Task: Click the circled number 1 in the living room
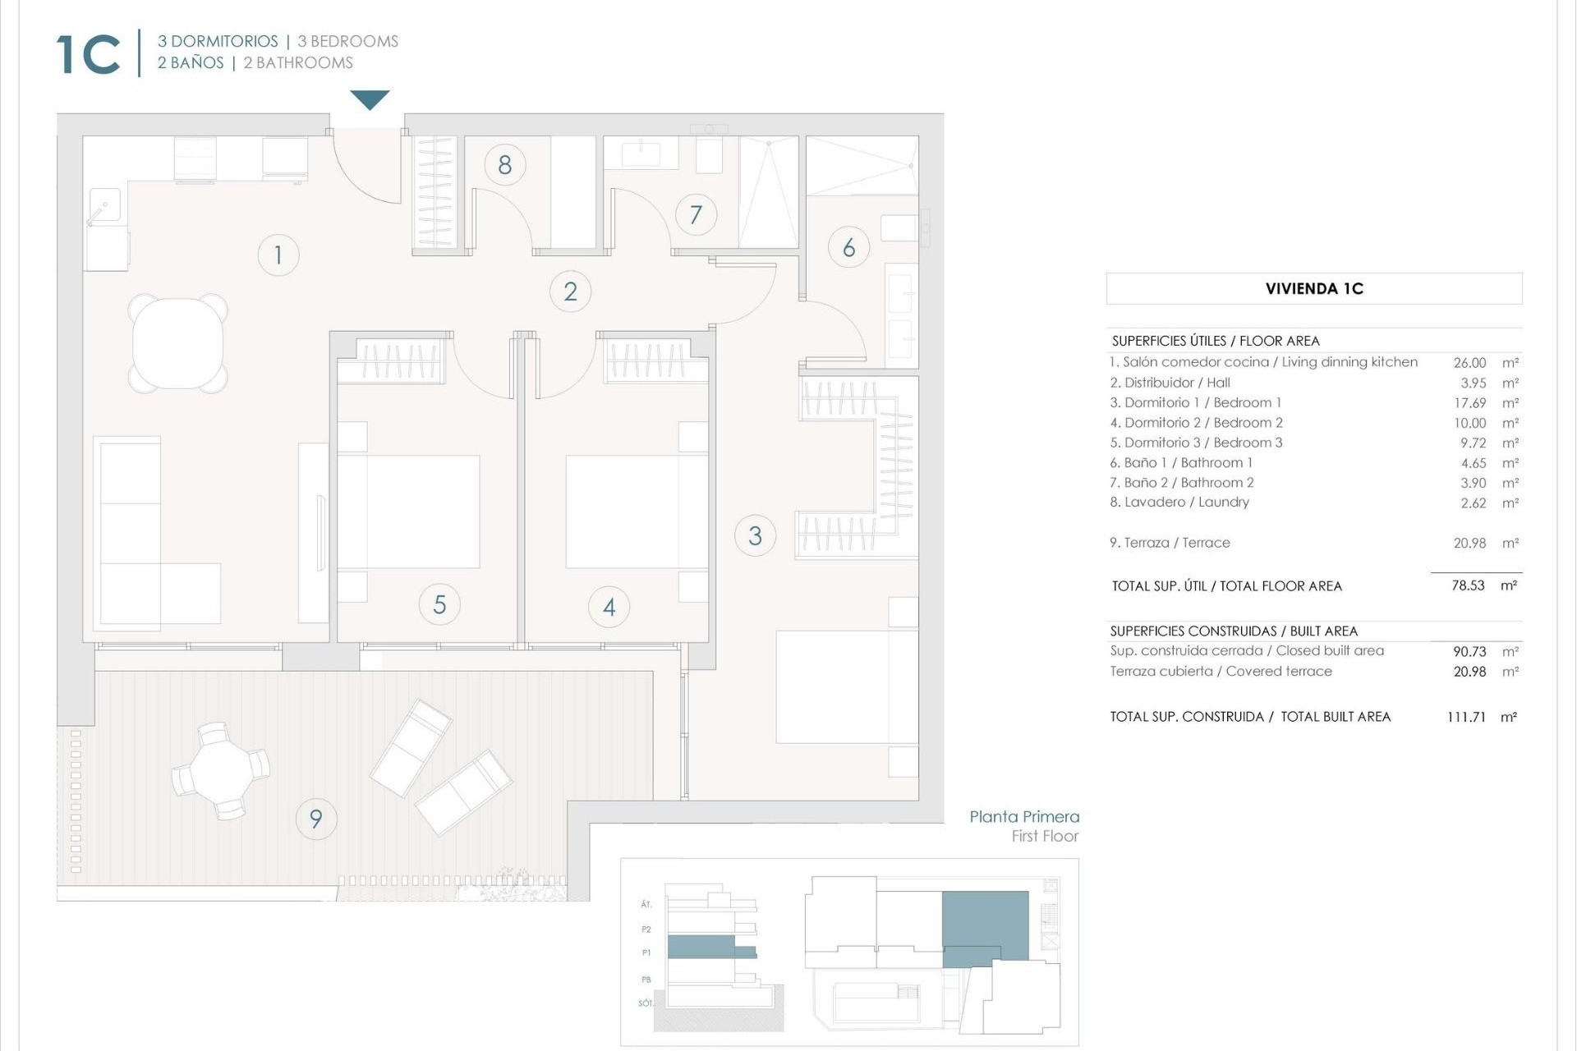pyautogui.click(x=278, y=255)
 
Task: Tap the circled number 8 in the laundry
pyautogui.click(x=504, y=164)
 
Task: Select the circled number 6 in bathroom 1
pyautogui.click(x=848, y=247)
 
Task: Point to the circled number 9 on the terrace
pyautogui.click(x=315, y=818)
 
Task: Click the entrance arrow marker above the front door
pyautogui.click(x=370, y=99)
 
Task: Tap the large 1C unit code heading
pyautogui.click(x=89, y=55)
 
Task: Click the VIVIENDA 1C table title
pyautogui.click(x=1313, y=288)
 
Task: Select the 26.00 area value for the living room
pyautogui.click(x=1469, y=362)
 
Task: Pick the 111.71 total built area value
pyautogui.click(x=1466, y=717)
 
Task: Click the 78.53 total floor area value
pyautogui.click(x=1467, y=585)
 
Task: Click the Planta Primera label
pyautogui.click(x=1023, y=816)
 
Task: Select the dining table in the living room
pyautogui.click(x=177, y=342)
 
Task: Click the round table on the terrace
pyautogui.click(x=220, y=771)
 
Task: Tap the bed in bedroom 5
pyautogui.click(x=409, y=511)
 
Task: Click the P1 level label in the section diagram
pyautogui.click(x=646, y=952)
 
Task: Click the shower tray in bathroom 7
pyautogui.click(x=768, y=192)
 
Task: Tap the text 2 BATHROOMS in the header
pyautogui.click(x=297, y=62)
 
